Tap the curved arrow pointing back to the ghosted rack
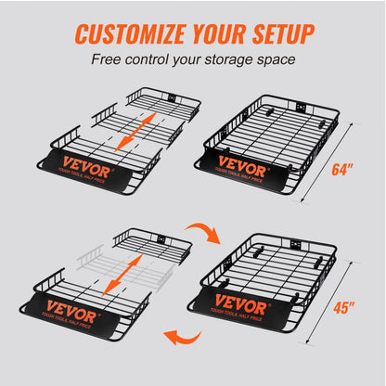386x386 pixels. [176, 337]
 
